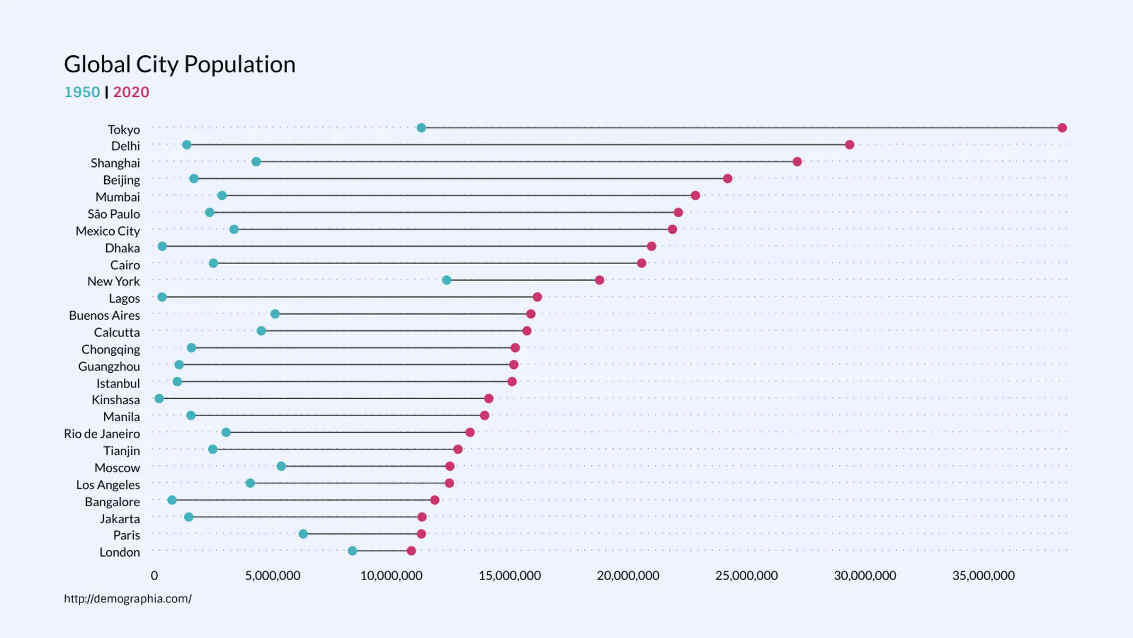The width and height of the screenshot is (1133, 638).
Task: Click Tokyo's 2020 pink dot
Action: [x=1062, y=128]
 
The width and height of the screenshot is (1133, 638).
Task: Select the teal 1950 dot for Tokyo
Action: [x=421, y=128]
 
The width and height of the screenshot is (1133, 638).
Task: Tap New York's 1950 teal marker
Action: [x=447, y=280]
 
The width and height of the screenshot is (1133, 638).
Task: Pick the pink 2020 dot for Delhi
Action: [x=849, y=145]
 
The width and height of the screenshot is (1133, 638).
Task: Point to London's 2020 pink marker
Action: [x=411, y=551]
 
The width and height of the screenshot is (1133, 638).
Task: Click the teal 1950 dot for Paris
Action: [x=303, y=534]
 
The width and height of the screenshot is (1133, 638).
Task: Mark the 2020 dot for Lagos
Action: [x=537, y=297]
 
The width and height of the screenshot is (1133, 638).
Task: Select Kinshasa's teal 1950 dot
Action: [x=159, y=398]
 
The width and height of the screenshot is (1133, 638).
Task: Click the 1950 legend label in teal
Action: [x=82, y=92]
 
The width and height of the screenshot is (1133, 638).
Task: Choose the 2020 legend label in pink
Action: [x=131, y=92]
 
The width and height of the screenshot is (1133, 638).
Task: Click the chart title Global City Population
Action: [x=180, y=64]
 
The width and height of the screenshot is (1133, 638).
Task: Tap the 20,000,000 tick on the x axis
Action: [x=628, y=575]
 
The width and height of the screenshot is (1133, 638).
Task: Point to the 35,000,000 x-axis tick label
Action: [x=983, y=575]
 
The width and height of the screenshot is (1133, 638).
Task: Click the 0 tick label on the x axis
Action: [x=154, y=575]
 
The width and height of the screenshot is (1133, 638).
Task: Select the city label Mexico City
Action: [x=108, y=231]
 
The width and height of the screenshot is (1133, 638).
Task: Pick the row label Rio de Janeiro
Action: [x=102, y=434]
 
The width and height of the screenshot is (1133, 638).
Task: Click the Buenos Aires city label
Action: [x=105, y=315]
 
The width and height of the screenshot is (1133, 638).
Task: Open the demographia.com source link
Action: [x=127, y=599]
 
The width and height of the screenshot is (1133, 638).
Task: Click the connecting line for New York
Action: [x=523, y=280]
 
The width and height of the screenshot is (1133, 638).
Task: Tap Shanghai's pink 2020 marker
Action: [x=797, y=162]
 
